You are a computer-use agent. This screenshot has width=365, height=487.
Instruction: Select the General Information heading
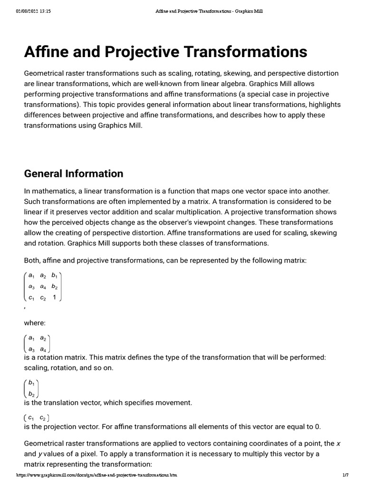click(73, 174)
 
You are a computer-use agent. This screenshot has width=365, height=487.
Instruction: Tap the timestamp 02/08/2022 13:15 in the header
click(33, 11)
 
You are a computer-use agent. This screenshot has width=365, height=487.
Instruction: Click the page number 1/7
click(346, 475)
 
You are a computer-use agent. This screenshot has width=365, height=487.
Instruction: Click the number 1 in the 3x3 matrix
click(54, 297)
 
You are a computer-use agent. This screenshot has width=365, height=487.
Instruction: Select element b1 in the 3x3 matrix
click(54, 275)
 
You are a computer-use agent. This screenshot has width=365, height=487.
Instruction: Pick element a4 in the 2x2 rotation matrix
click(43, 349)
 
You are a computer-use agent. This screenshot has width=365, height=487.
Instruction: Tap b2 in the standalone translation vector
click(31, 393)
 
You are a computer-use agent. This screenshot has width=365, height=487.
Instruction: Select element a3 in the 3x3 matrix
click(31, 286)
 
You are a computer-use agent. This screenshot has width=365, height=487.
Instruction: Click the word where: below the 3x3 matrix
click(35, 323)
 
